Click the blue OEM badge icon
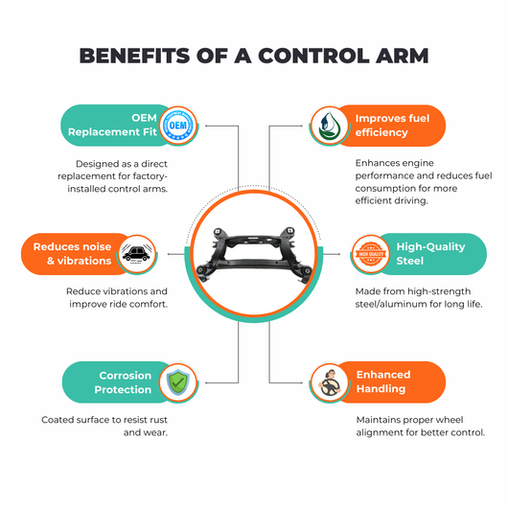click(178, 125)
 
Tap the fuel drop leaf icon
click(329, 126)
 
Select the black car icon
click(137, 254)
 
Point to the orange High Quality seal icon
click(371, 254)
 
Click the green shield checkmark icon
click(178, 382)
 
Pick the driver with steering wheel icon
click(329, 382)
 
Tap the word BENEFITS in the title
click(134, 56)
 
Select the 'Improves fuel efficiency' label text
click(392, 126)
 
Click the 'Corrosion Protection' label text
click(123, 382)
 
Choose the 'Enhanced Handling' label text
click(383, 381)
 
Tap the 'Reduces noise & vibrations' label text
click(72, 254)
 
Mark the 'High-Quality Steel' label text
click(430, 254)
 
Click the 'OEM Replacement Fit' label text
click(112, 125)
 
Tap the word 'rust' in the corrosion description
click(158, 420)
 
